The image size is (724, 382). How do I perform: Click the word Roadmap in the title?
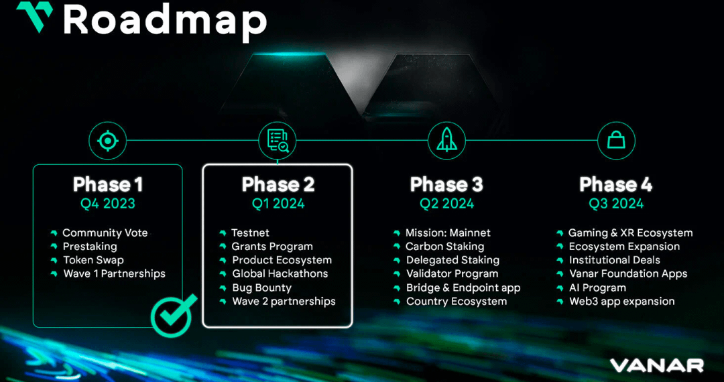pos(165,21)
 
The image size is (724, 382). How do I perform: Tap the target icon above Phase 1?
pos(107,141)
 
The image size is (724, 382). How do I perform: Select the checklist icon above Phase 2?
pos(278,141)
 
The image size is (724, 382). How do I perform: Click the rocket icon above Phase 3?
pos(447,141)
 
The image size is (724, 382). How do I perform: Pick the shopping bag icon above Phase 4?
pos(616,141)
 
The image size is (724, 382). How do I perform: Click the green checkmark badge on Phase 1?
pos(174,314)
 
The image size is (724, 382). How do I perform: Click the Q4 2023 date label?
pos(107,204)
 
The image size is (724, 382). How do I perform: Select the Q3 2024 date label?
pos(616,204)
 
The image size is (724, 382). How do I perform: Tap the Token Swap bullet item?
pos(93,260)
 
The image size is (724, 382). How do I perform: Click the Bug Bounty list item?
pos(261,288)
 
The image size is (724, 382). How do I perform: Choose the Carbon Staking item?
pos(444,247)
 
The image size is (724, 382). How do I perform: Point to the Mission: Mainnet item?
pos(448,233)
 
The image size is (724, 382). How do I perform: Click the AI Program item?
pos(597,288)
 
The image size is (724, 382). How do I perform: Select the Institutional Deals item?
pos(614,260)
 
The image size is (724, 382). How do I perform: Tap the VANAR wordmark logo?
pos(656,366)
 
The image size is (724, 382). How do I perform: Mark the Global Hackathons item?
pos(280,273)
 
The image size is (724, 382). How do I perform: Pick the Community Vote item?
pos(105,233)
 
